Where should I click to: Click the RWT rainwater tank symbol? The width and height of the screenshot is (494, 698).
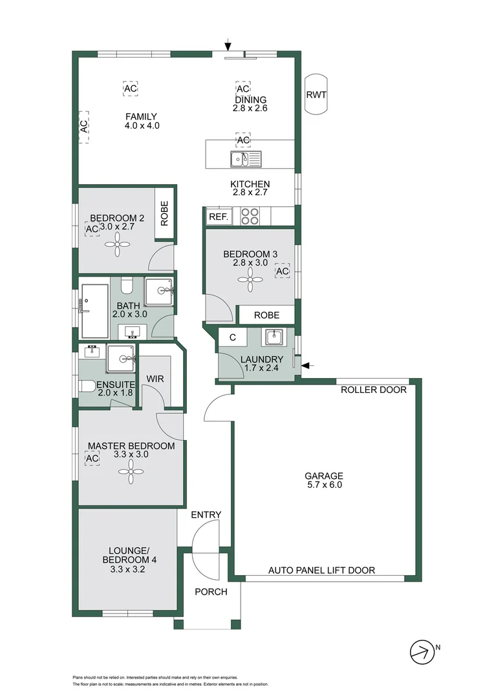pyautogui.click(x=316, y=95)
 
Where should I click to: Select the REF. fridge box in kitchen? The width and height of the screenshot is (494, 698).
pyautogui.click(x=218, y=217)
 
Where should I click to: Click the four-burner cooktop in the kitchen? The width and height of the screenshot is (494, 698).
pyautogui.click(x=250, y=217)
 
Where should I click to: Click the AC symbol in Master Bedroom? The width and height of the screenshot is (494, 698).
pyautogui.click(x=92, y=458)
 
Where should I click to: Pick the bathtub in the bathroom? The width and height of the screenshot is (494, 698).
pyautogui.click(x=94, y=310)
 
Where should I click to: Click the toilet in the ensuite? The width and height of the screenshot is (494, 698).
pyautogui.click(x=86, y=386)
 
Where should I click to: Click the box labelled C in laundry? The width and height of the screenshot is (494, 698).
pyautogui.click(x=232, y=337)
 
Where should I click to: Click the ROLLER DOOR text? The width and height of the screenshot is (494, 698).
pyautogui.click(x=374, y=390)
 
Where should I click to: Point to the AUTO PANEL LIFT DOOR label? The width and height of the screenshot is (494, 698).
pyautogui.click(x=321, y=570)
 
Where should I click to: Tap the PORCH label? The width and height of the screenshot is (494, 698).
pyautogui.click(x=211, y=591)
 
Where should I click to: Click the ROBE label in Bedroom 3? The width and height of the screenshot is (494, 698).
pyautogui.click(x=266, y=315)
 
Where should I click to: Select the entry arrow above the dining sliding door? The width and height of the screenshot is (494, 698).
pyautogui.click(x=228, y=45)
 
